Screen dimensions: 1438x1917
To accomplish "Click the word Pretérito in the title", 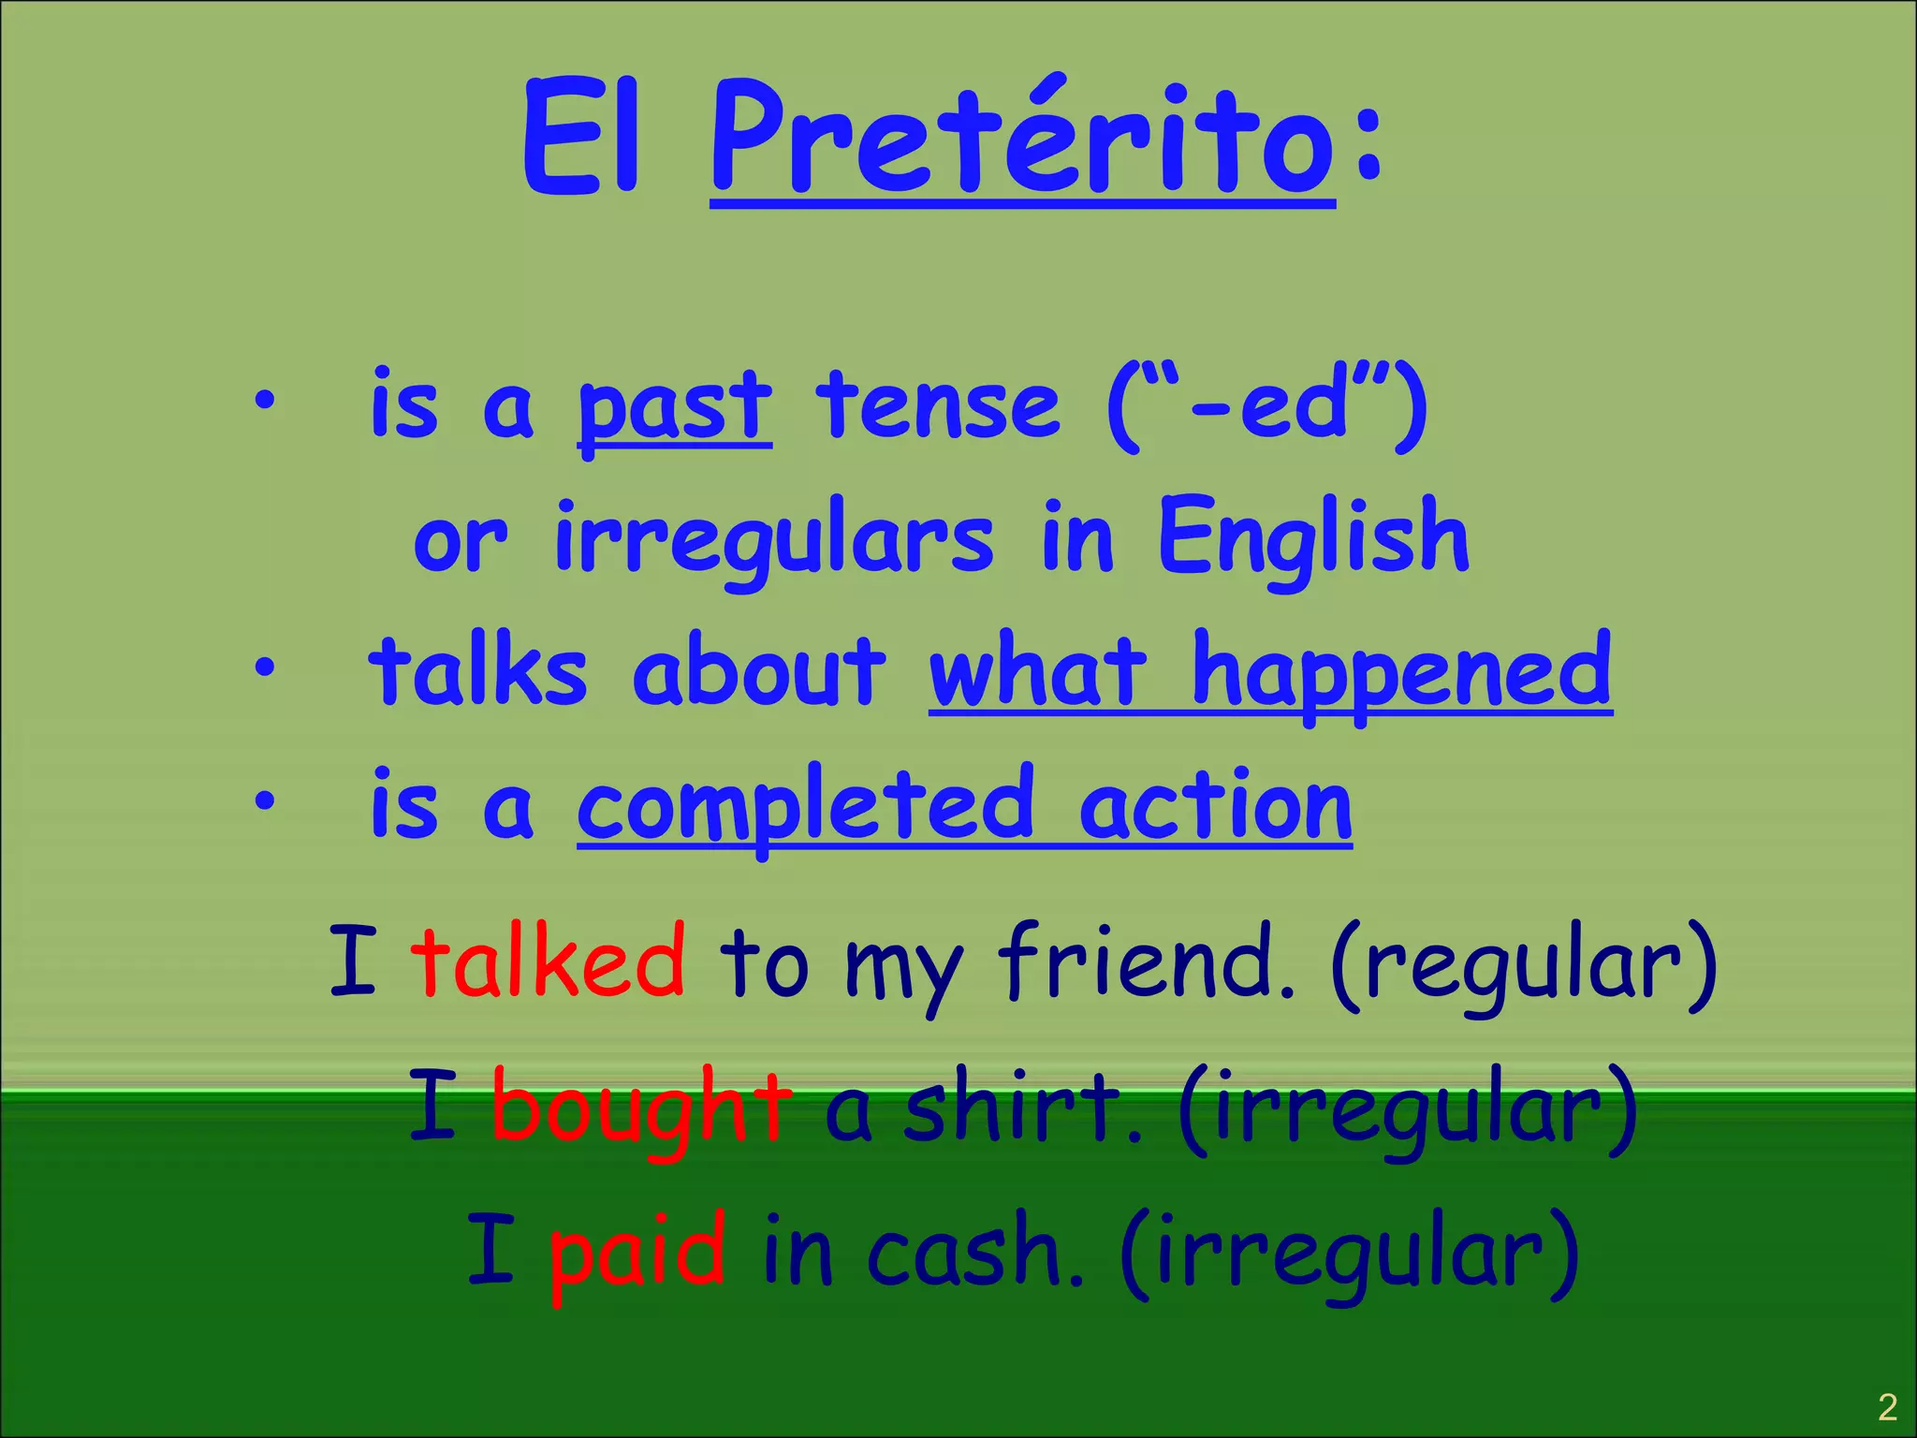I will [x=1022, y=140].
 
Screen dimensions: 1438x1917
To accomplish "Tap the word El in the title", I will [x=582, y=140].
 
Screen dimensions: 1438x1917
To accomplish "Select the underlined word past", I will [x=674, y=407].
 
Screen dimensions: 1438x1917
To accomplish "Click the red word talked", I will [x=548, y=961].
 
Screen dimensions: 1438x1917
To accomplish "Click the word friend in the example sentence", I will [x=1146, y=961].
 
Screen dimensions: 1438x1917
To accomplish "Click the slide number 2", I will [x=1887, y=1407].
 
